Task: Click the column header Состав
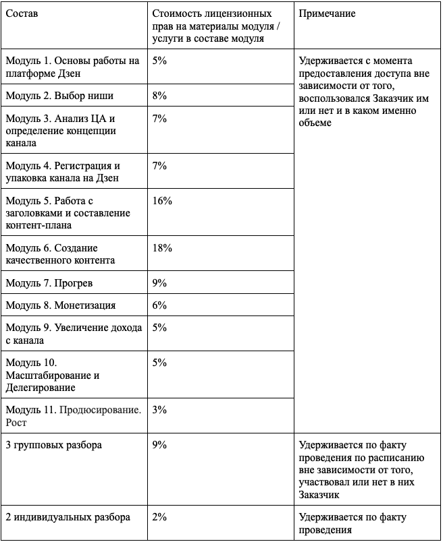click(22, 14)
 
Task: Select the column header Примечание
click(326, 14)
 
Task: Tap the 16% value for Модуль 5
click(163, 201)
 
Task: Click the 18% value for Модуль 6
click(163, 248)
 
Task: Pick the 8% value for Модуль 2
click(160, 95)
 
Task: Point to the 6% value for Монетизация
click(160, 305)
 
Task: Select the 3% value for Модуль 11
click(160, 410)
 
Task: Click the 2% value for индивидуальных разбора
click(160, 517)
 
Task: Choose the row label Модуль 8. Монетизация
click(61, 305)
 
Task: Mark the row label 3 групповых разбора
click(53, 445)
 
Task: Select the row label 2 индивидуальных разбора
click(68, 517)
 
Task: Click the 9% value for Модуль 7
click(160, 283)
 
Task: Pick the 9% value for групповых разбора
click(160, 445)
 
